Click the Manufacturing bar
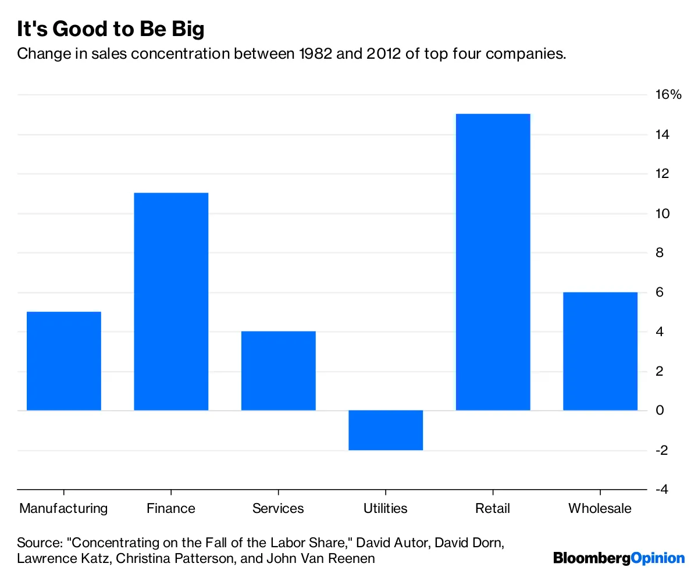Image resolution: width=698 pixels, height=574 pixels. click(64, 361)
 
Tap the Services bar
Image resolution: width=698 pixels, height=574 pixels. click(278, 371)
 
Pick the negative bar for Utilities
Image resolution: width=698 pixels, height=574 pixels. click(386, 430)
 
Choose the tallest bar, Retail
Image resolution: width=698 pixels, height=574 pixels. click(493, 262)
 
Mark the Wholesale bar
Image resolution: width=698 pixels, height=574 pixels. click(600, 351)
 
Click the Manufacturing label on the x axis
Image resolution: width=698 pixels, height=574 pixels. click(64, 508)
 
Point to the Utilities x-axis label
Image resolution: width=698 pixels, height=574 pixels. click(386, 508)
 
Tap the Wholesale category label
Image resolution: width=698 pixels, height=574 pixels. click(600, 508)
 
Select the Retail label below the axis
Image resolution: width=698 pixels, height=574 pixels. click(493, 508)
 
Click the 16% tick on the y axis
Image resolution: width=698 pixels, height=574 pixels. click(668, 95)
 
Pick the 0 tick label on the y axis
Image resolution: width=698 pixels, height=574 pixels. click(659, 411)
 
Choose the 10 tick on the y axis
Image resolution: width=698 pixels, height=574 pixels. click(662, 213)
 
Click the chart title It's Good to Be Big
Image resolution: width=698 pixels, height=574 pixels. click(111, 29)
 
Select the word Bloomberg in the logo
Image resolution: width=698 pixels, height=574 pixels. click(592, 558)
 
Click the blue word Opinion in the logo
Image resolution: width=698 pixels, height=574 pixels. click(658, 558)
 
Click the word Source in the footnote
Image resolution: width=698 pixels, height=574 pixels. click(39, 543)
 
